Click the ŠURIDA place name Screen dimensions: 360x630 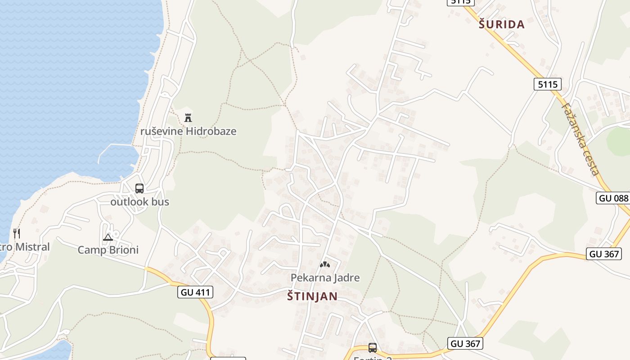(x=502, y=25)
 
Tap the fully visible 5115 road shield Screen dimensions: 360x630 (x=548, y=84)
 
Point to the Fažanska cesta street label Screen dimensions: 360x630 (x=580, y=138)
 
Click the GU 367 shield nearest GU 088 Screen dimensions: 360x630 (x=604, y=254)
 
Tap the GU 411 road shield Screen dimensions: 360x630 (x=195, y=292)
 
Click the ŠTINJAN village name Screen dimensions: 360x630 (x=312, y=296)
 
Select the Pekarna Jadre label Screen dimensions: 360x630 (x=325, y=278)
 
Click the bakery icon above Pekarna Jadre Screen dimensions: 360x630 (x=325, y=265)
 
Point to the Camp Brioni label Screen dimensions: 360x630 (x=108, y=250)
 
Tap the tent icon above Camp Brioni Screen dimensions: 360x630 (x=108, y=237)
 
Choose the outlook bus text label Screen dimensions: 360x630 (x=140, y=202)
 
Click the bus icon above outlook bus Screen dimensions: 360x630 (x=139, y=189)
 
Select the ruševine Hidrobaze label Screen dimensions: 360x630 (x=188, y=131)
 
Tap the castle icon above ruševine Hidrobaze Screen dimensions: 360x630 (x=188, y=118)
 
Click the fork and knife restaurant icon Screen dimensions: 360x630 (x=17, y=234)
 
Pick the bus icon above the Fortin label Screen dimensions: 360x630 (x=373, y=348)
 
